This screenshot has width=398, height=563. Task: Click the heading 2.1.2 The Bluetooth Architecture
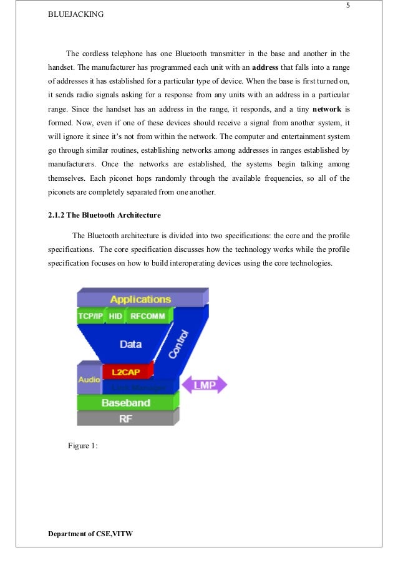click(x=104, y=215)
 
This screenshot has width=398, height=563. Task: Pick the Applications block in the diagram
click(x=140, y=299)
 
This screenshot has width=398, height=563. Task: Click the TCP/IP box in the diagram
click(x=90, y=316)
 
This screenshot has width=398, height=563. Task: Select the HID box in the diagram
click(x=115, y=316)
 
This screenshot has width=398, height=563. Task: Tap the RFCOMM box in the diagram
click(x=148, y=316)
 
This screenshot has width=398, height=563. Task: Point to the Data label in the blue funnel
click(x=130, y=344)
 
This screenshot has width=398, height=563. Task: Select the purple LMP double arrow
click(x=204, y=385)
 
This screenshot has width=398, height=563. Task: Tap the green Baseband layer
click(x=127, y=403)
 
